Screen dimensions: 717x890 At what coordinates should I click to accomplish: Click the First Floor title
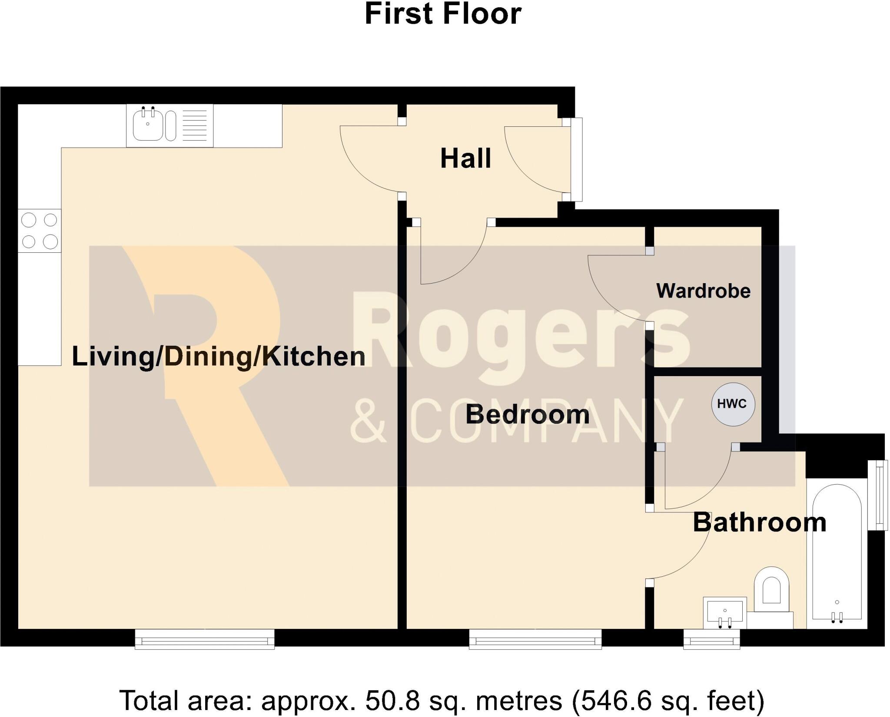443,14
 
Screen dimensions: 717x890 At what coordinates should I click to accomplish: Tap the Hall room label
465,159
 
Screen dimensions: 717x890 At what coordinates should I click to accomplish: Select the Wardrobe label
703,291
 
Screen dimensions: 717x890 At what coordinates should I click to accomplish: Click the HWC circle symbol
733,404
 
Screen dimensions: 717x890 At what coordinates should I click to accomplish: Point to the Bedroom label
527,414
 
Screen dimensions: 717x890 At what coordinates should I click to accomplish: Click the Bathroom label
759,522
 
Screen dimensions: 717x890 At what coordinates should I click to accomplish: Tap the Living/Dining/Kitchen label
219,357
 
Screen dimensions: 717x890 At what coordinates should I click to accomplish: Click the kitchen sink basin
148,126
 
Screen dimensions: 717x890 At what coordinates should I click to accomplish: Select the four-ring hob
40,231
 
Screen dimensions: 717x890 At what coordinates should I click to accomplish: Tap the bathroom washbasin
724,612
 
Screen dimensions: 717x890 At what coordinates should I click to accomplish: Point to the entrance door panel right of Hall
578,159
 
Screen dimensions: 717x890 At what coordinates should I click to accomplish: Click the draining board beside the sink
194,125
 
